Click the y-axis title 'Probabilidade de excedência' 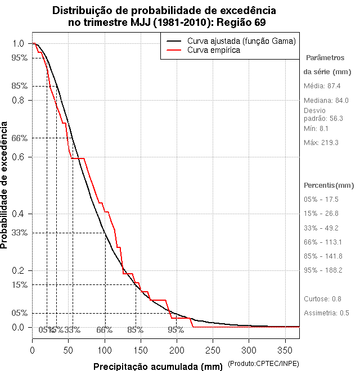point(5,185)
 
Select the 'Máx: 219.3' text point(321,143)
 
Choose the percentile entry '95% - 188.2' point(323,270)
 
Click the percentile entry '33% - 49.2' point(321,228)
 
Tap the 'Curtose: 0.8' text point(323,298)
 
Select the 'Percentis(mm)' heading point(329,185)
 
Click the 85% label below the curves point(135,330)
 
